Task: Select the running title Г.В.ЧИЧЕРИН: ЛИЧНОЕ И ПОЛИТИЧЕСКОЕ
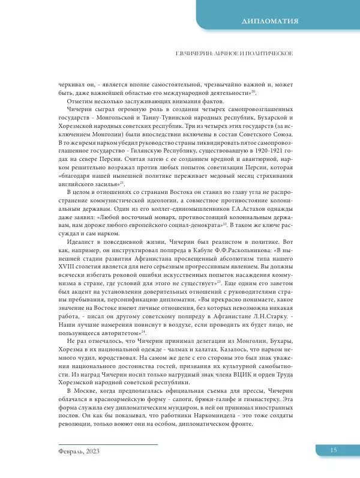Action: point(233,55)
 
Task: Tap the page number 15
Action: point(334,451)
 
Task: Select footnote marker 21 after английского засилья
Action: point(122,182)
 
